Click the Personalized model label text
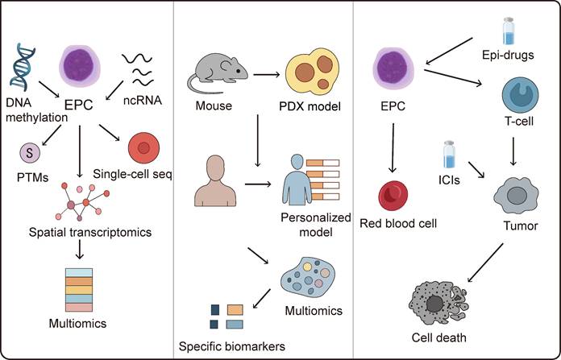tap(309, 225)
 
